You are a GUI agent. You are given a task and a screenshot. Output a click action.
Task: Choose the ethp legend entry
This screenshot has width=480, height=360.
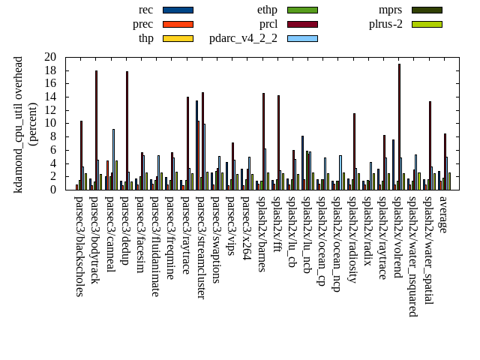[267, 10]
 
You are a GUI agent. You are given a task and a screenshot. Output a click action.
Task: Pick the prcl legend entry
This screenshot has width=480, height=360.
[268, 24]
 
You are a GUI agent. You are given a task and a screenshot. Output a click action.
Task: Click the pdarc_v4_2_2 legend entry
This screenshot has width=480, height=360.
[243, 38]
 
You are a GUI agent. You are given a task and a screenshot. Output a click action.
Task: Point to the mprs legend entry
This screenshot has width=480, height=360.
[391, 10]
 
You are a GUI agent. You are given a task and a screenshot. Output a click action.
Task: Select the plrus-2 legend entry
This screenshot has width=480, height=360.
[385, 24]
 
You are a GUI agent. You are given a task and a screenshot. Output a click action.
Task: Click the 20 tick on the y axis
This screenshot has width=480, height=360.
[50, 57]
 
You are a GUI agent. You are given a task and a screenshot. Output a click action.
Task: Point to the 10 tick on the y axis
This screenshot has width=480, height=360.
[50, 123]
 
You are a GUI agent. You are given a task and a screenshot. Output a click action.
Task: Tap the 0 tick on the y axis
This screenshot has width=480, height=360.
[53, 190]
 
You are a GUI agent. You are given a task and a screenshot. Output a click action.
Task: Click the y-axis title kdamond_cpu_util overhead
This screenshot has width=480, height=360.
[19, 124]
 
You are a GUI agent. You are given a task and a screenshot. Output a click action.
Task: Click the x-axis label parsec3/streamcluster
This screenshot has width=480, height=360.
[201, 247]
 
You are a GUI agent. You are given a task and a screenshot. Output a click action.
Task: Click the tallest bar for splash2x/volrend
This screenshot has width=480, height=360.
[399, 127]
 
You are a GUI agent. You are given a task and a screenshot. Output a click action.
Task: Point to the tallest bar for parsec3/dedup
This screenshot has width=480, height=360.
[127, 130]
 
